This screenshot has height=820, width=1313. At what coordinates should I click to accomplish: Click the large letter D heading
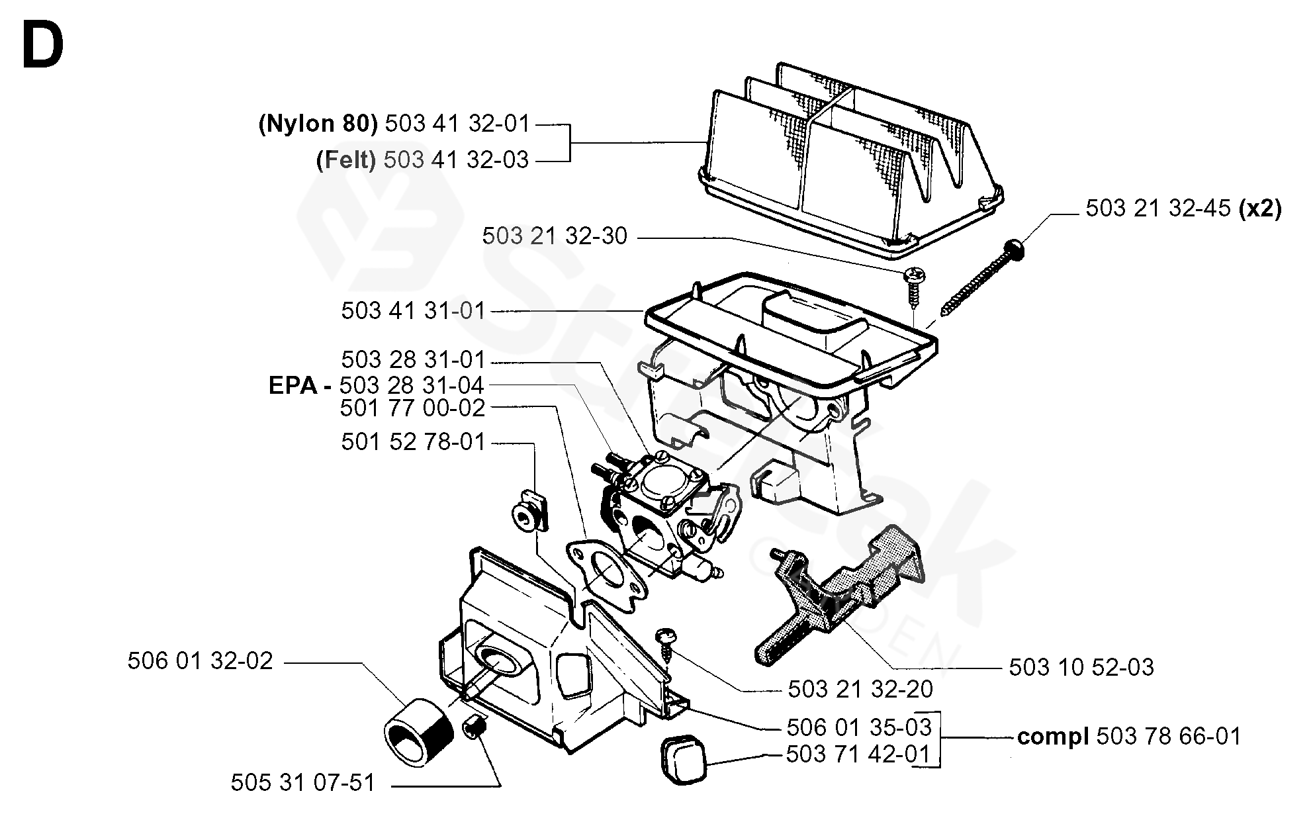tap(43, 45)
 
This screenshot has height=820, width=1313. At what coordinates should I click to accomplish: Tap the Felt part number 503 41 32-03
tap(457, 160)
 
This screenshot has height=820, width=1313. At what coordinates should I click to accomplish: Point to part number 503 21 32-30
tap(555, 236)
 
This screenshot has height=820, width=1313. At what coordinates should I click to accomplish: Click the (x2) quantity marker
tap(1260, 208)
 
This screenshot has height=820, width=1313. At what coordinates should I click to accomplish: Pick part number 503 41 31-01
tap(414, 311)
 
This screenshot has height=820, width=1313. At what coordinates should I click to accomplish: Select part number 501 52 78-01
tap(414, 442)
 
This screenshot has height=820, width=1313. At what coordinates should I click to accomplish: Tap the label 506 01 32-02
tap(201, 661)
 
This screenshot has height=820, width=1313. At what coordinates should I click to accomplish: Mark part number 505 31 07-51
tap(303, 783)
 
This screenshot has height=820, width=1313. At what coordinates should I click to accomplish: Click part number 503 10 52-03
tap(1081, 667)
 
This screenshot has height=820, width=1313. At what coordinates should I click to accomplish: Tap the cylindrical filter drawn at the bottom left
tap(418, 733)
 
